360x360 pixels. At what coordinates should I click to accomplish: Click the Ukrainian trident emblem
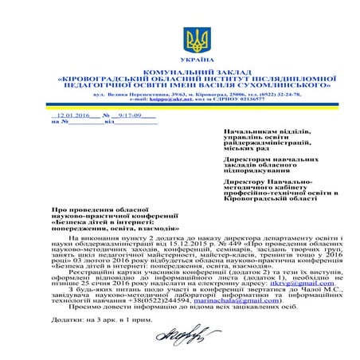194,41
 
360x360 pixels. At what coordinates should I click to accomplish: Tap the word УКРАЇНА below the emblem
194,61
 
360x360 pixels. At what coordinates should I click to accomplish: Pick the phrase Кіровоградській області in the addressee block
271,196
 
